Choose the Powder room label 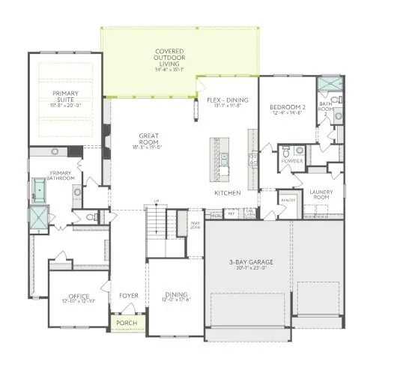point(292,161)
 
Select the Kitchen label point(227,193)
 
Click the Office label point(79,297)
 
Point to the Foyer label point(129,296)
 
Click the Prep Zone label point(194,224)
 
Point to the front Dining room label point(177,297)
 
